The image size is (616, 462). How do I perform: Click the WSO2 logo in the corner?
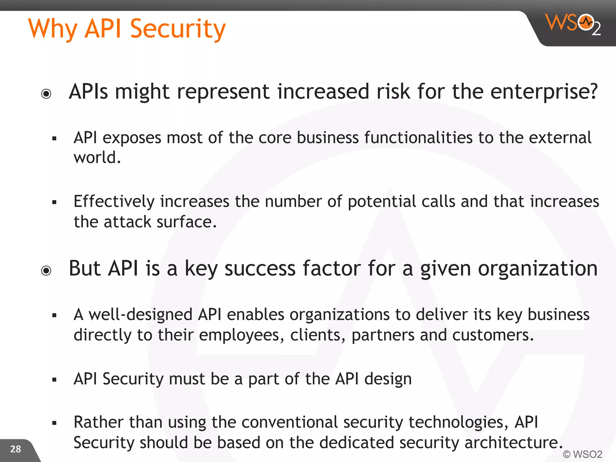573,24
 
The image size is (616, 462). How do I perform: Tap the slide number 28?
16,449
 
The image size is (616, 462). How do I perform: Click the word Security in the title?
178,29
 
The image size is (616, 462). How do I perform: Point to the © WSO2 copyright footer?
582,454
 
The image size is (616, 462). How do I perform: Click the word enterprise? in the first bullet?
544,92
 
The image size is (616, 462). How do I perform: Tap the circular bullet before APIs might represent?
46,94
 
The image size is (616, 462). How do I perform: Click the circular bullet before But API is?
46,271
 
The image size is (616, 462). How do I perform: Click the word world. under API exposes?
97,157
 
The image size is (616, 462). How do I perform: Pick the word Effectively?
114,202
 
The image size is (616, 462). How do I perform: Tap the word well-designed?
140,315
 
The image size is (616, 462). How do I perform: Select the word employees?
242,335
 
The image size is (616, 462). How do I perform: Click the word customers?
493,335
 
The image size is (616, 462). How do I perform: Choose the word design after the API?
388,379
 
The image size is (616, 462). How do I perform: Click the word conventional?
290,422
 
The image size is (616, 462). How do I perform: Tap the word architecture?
513,443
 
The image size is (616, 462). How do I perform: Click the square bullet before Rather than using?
54,423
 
